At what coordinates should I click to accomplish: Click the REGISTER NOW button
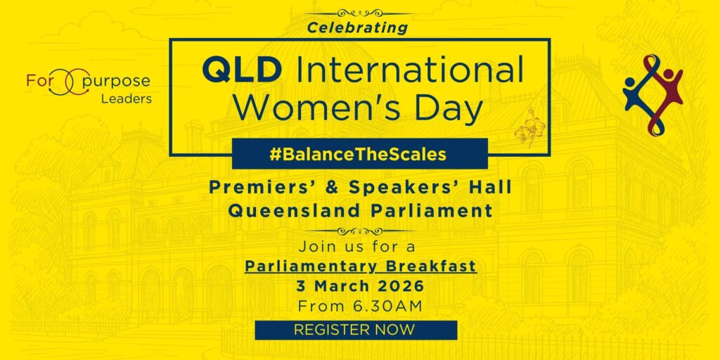tap(355, 330)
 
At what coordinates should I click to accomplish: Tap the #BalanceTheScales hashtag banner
tap(359, 154)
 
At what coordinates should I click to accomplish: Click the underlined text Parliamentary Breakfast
tap(360, 266)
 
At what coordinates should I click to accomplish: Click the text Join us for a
tap(356, 247)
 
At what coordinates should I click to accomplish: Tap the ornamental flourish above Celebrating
tap(359, 13)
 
